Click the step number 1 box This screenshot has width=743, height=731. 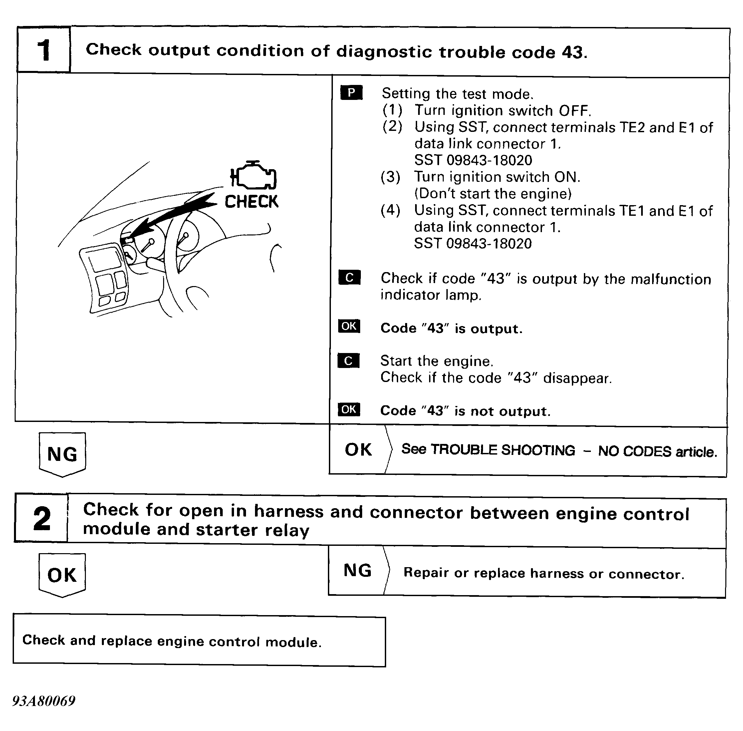[43, 50]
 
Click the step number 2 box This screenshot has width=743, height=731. [42, 518]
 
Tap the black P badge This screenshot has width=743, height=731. [351, 93]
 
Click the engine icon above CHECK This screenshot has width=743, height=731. [253, 176]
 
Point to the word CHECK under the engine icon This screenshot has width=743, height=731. [251, 201]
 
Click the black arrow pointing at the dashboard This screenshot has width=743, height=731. [173, 217]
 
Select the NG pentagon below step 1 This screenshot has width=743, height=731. [62, 454]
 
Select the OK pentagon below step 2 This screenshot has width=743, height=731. [62, 575]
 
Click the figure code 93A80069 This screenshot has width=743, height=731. [44, 701]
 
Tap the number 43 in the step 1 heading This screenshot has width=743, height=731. [572, 52]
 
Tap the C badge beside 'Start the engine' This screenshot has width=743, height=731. [349, 361]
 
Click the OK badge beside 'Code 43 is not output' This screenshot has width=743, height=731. [349, 410]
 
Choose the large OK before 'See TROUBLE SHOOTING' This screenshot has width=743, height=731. [358, 450]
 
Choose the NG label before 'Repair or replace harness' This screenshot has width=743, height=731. [357, 570]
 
